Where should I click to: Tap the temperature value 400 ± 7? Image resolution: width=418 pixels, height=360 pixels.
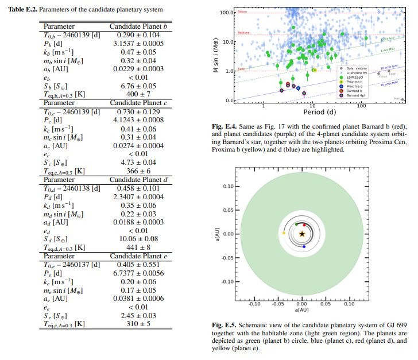(138, 93)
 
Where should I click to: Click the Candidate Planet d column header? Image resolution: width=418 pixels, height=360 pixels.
(138, 179)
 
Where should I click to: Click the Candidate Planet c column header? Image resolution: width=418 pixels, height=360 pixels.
(138, 102)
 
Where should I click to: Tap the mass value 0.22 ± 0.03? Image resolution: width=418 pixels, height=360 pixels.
(138, 213)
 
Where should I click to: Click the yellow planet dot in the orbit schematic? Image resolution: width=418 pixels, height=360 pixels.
(284, 234)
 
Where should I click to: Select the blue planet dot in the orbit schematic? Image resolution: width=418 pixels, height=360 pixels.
(304, 246)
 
